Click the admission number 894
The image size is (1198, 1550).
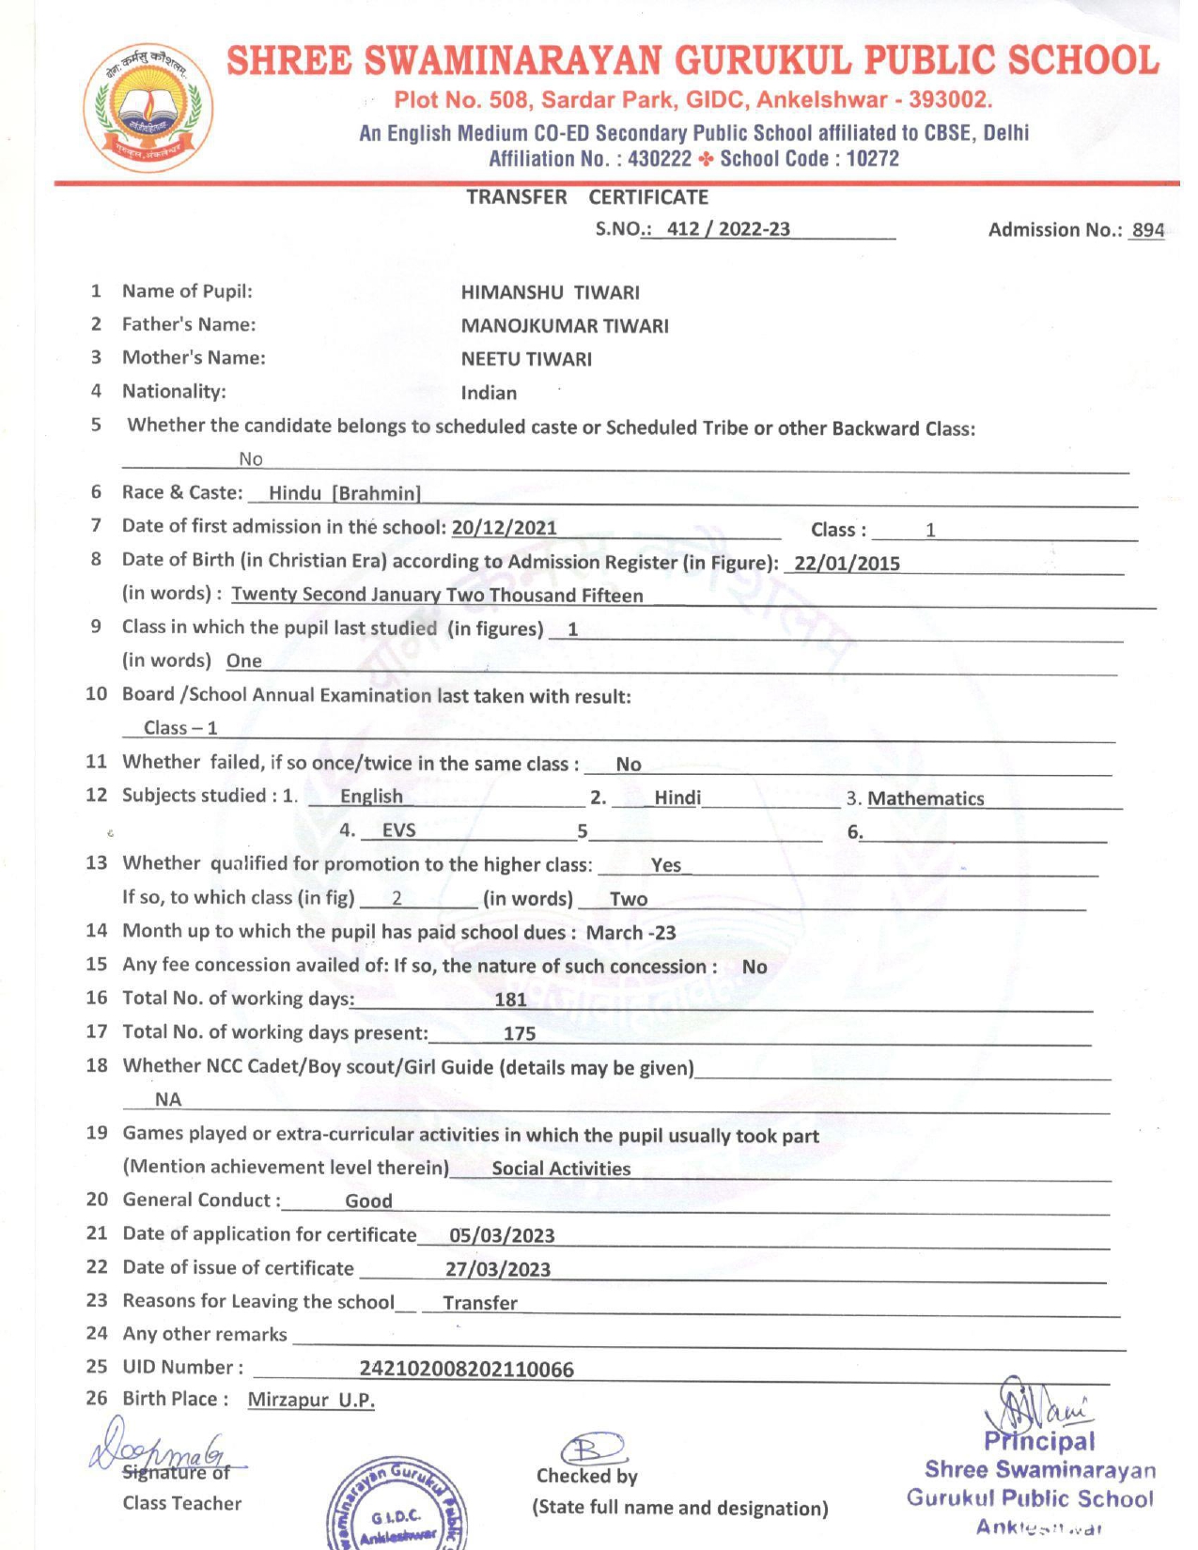tap(1147, 230)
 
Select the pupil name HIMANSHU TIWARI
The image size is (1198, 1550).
tap(550, 292)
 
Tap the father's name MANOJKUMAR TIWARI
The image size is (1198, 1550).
tap(565, 326)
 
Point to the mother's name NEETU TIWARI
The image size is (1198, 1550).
tap(526, 359)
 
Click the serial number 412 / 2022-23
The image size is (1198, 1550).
tap(728, 229)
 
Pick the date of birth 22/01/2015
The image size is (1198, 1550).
tap(847, 564)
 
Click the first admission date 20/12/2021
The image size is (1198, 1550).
tap(504, 527)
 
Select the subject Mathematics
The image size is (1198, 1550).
tap(926, 798)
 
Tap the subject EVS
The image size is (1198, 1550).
tap(398, 830)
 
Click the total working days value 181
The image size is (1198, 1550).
tap(510, 1000)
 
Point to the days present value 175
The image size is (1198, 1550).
tap(520, 1033)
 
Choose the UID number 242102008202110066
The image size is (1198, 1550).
tap(466, 1369)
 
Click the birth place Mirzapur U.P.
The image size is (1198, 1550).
tap(311, 1400)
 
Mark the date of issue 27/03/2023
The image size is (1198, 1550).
tap(498, 1269)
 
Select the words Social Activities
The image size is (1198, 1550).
tap(561, 1169)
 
